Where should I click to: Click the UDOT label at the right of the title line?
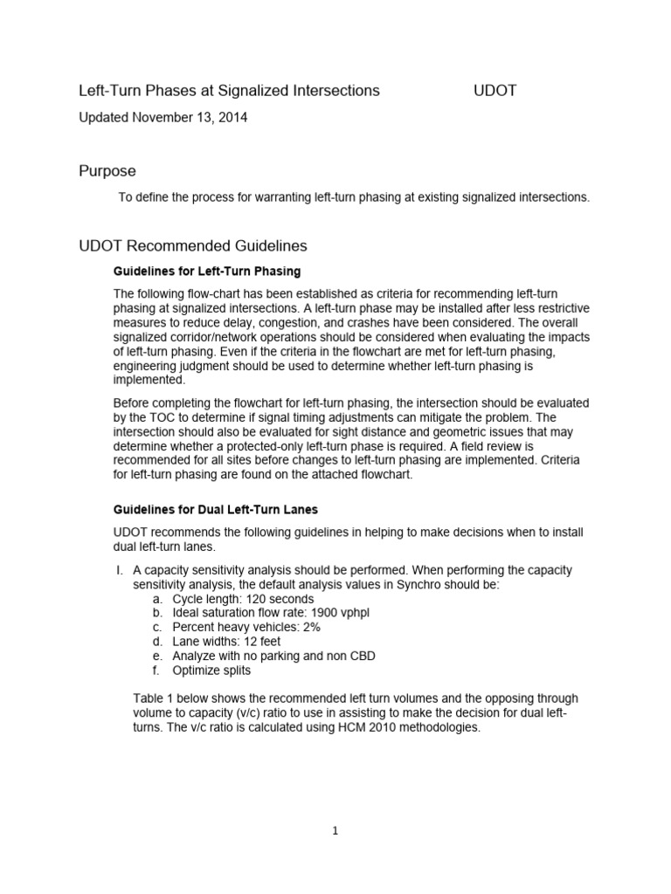495,91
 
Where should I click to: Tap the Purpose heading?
107,171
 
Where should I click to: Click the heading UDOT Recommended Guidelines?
193,246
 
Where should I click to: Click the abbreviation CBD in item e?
361,656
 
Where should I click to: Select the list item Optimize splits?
211,670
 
